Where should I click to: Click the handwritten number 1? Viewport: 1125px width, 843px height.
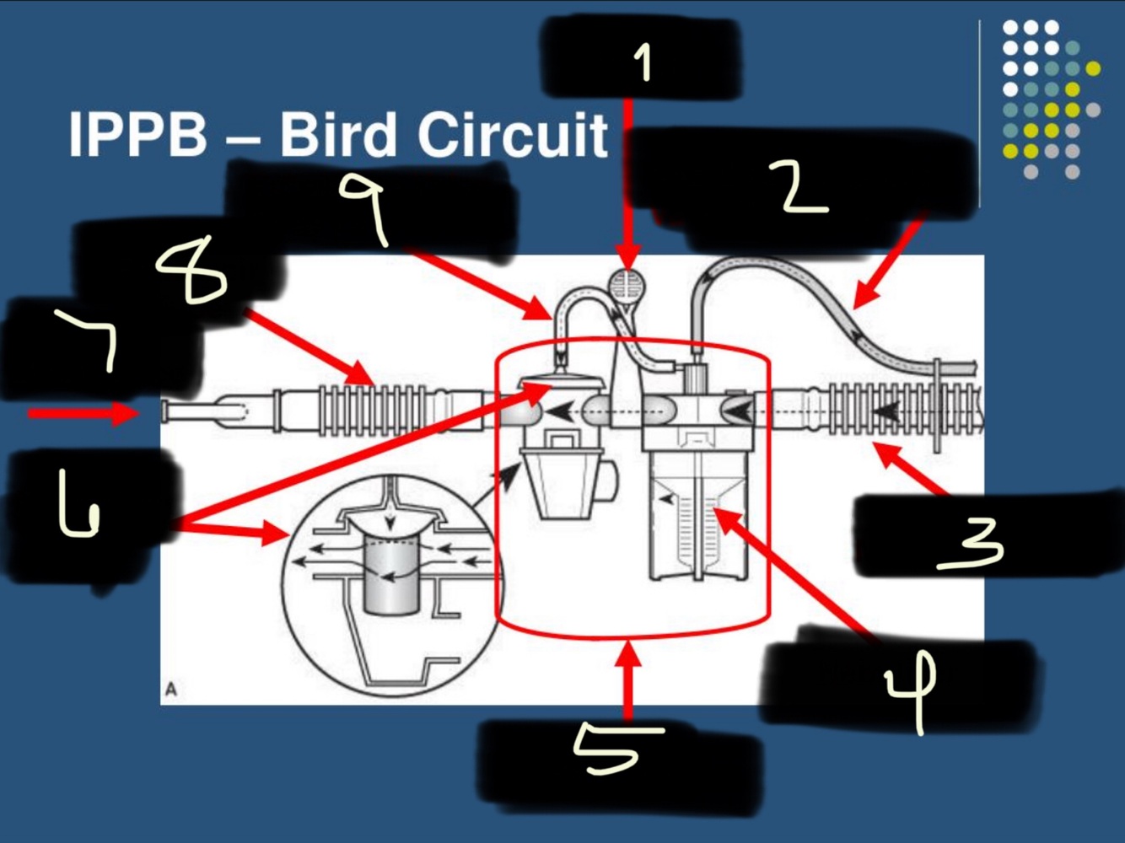coord(643,62)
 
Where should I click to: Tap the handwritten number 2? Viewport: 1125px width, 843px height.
coord(801,186)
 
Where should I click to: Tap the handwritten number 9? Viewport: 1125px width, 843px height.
coord(365,207)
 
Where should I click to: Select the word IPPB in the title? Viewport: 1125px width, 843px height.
coord(137,135)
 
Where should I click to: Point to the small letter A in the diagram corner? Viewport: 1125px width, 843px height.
coord(171,690)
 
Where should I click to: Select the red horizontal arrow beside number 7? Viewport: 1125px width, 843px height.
coord(83,413)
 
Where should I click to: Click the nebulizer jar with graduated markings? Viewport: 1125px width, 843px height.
coord(698,523)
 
